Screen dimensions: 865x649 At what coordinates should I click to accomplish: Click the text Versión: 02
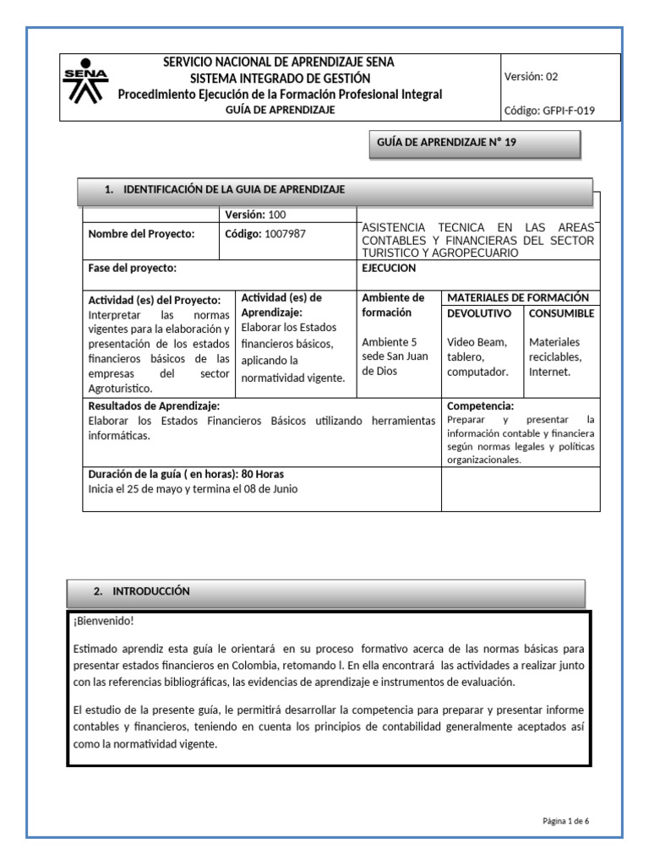point(531,76)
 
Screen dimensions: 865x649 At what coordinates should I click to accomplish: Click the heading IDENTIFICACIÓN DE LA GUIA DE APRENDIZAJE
point(234,190)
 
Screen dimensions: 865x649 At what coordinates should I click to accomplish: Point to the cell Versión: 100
point(255,215)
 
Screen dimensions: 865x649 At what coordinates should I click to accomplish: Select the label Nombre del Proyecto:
point(141,234)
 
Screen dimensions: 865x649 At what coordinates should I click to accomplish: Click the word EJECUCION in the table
point(389,268)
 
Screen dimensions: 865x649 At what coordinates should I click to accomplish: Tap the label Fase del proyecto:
point(132,268)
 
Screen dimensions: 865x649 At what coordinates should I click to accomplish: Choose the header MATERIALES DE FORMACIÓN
point(517,297)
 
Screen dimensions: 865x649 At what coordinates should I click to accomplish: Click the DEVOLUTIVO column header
point(479,313)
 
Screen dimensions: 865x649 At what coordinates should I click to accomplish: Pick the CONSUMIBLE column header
point(561,313)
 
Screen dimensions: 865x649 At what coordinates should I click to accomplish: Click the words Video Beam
point(477,342)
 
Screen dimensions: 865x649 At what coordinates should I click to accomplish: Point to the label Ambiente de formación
point(393,305)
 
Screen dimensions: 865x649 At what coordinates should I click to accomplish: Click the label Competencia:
point(480,406)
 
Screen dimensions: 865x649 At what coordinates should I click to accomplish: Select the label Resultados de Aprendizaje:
point(154,406)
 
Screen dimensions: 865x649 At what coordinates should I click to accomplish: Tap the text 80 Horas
point(263,474)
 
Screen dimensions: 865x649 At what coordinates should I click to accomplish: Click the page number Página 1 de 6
point(565,820)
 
